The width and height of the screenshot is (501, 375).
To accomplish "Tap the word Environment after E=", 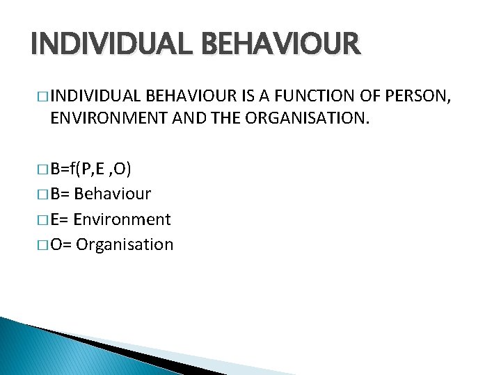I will tap(122, 219).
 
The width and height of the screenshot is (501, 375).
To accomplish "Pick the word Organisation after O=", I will tap(125, 244).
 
